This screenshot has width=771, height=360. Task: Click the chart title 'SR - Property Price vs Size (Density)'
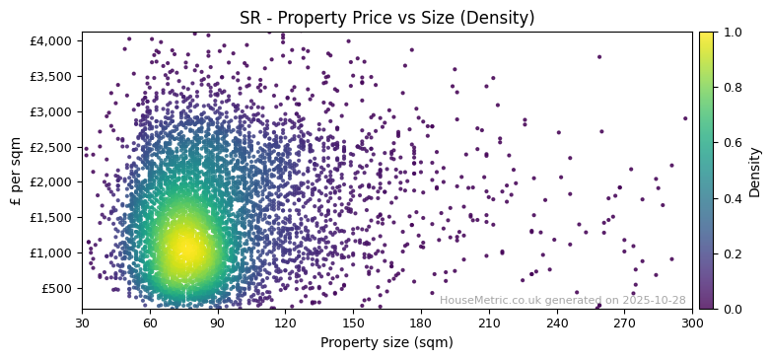coord(386,18)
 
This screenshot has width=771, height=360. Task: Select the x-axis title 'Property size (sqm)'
coord(386,342)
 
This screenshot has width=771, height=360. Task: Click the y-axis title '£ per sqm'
coord(16,171)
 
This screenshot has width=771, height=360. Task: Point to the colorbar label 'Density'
coord(755,171)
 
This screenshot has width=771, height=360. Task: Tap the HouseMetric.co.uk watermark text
coord(562,300)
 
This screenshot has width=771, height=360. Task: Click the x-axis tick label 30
coord(82,323)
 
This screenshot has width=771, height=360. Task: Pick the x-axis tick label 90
coord(218,323)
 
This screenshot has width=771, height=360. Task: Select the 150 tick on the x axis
coord(353,323)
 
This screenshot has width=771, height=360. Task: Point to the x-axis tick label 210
coord(489,323)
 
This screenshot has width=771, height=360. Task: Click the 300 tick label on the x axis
coord(692,323)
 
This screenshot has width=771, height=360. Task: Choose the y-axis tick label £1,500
coord(51,217)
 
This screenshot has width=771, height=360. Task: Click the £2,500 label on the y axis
coord(51,147)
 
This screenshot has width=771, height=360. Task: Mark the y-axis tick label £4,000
coord(51,40)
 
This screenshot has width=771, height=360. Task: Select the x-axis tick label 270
coord(624,323)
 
